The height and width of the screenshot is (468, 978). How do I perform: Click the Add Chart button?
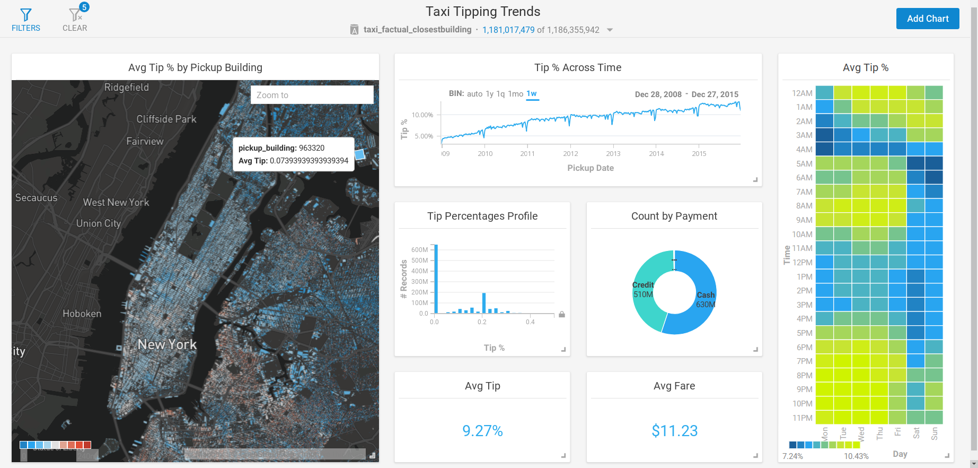tap(927, 19)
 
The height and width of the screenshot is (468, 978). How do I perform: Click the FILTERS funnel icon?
tap(25, 15)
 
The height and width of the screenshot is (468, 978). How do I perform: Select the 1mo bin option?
tap(515, 94)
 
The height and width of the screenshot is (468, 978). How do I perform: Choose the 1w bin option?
tap(532, 93)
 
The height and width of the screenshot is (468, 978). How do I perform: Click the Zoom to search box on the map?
tap(312, 95)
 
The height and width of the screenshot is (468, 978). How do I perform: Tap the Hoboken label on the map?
tap(82, 314)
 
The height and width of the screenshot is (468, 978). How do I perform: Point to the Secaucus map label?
tap(36, 198)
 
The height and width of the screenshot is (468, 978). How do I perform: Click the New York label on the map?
tap(167, 345)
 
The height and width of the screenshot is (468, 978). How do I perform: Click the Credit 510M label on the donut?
tap(643, 290)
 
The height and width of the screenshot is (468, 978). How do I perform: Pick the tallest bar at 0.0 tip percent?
tap(436, 279)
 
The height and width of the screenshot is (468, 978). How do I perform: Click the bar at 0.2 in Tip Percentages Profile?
tap(484, 302)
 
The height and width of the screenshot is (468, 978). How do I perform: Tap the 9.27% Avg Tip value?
tap(482, 431)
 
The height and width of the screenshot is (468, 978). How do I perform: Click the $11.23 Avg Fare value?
tap(674, 431)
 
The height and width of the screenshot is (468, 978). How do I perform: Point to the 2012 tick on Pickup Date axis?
tap(570, 153)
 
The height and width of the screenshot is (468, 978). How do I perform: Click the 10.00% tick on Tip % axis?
tap(422, 115)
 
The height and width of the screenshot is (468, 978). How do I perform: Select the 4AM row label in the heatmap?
tap(804, 150)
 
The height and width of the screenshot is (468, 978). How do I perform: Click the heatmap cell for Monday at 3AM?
tap(824, 135)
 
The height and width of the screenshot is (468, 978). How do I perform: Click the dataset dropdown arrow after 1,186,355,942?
tap(610, 30)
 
